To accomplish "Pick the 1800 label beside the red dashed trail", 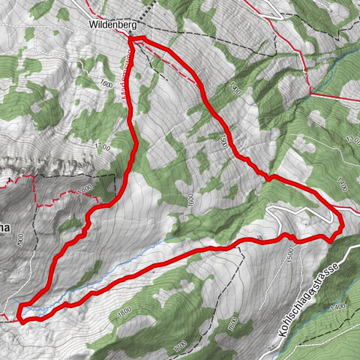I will tap(85, 187).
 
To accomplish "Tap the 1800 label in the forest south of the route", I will tap(124, 310).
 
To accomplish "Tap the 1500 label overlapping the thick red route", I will tap(222, 139).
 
